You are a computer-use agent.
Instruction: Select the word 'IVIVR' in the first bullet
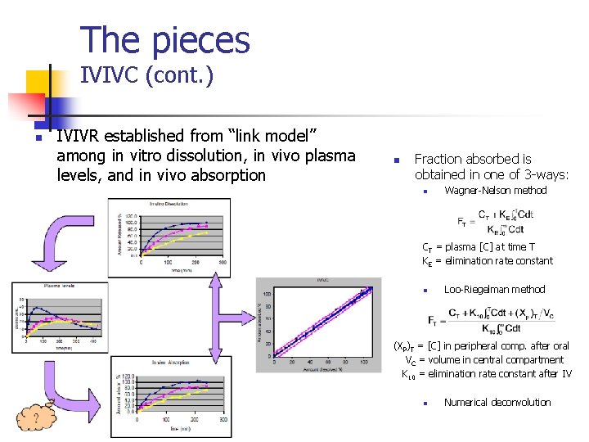(x=82, y=135)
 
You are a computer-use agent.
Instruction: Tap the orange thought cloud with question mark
(x=36, y=417)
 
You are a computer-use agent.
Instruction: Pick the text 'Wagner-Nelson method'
(x=495, y=191)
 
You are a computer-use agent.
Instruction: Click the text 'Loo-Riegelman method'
(x=494, y=289)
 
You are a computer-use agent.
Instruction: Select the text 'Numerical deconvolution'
(x=497, y=402)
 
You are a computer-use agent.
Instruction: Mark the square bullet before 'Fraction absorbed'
(x=394, y=160)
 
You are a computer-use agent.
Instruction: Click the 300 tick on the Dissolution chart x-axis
(x=223, y=263)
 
